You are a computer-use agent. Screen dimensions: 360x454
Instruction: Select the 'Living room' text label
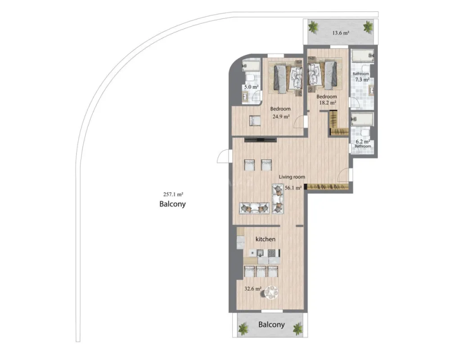(292, 177)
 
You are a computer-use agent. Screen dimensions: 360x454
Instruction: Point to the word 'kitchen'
(265, 239)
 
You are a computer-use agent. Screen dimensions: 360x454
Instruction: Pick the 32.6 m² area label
(252, 289)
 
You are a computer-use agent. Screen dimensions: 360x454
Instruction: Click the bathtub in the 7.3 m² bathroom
(363, 57)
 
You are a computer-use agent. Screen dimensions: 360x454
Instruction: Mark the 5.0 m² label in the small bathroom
(251, 87)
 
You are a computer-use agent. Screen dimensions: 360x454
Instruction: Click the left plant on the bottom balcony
(243, 329)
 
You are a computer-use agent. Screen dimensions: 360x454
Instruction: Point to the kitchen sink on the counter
(261, 253)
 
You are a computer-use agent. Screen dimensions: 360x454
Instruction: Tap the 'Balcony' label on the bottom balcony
(271, 324)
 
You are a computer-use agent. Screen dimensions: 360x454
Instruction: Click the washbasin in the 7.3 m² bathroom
(372, 90)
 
